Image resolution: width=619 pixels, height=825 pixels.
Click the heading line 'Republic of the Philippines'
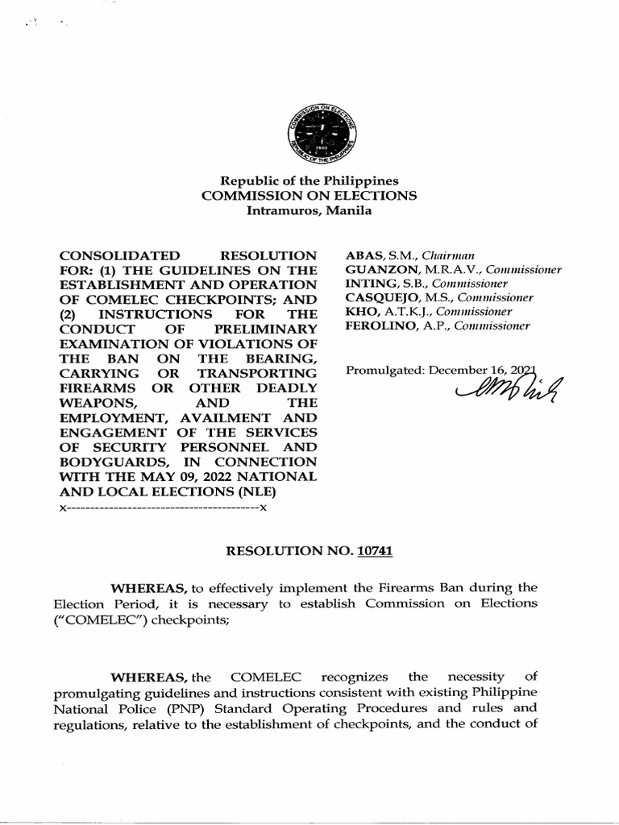(x=310, y=181)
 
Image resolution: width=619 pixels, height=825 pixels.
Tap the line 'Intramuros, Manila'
(x=309, y=211)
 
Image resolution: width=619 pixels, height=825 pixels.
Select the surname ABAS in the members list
(x=361, y=255)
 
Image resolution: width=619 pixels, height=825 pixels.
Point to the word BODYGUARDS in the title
(x=109, y=462)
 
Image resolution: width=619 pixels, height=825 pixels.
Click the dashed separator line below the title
(x=163, y=508)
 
